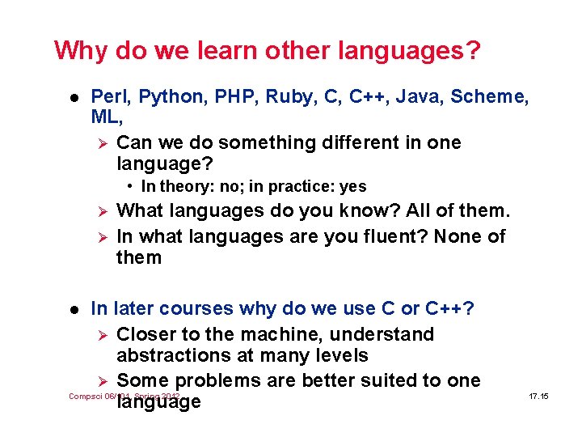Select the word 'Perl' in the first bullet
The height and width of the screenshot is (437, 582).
coord(109,97)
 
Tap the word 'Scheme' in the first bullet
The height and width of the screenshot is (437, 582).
coord(487,97)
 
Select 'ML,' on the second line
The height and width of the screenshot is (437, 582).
coord(107,117)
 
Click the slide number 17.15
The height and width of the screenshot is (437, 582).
coord(538,397)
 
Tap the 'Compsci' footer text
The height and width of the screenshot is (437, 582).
coord(82,397)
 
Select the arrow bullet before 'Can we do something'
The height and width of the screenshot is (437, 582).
coord(102,143)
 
